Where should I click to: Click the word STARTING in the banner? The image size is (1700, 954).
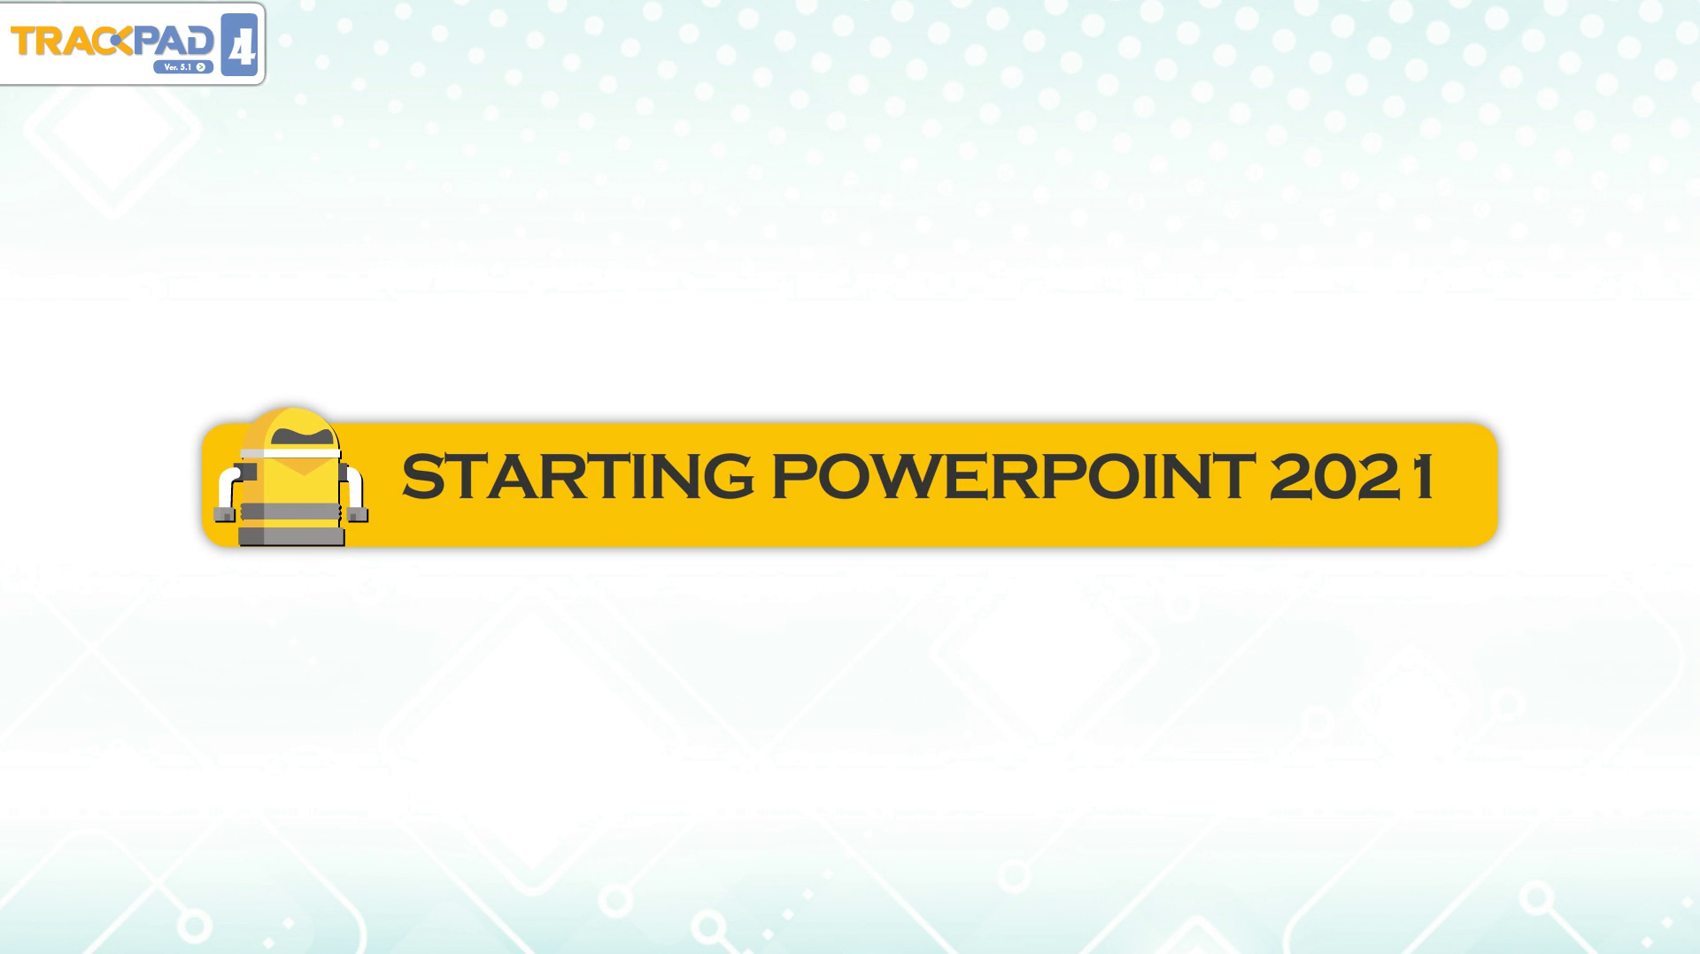(578, 476)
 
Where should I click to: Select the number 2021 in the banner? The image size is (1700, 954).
(1351, 476)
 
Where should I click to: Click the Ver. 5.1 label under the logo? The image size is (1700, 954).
(178, 67)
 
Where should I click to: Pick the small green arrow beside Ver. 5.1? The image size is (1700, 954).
(202, 67)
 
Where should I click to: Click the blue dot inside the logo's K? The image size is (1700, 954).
(125, 41)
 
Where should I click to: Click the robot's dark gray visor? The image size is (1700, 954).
(303, 436)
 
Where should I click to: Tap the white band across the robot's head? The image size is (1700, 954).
(290, 453)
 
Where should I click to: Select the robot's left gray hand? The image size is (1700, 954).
(226, 513)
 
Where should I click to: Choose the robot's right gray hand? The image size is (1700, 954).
(358, 513)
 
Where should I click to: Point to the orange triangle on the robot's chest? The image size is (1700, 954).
(302, 466)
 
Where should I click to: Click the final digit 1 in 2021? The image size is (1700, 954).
(1424, 476)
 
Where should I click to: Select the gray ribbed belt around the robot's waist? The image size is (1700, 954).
(290, 512)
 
